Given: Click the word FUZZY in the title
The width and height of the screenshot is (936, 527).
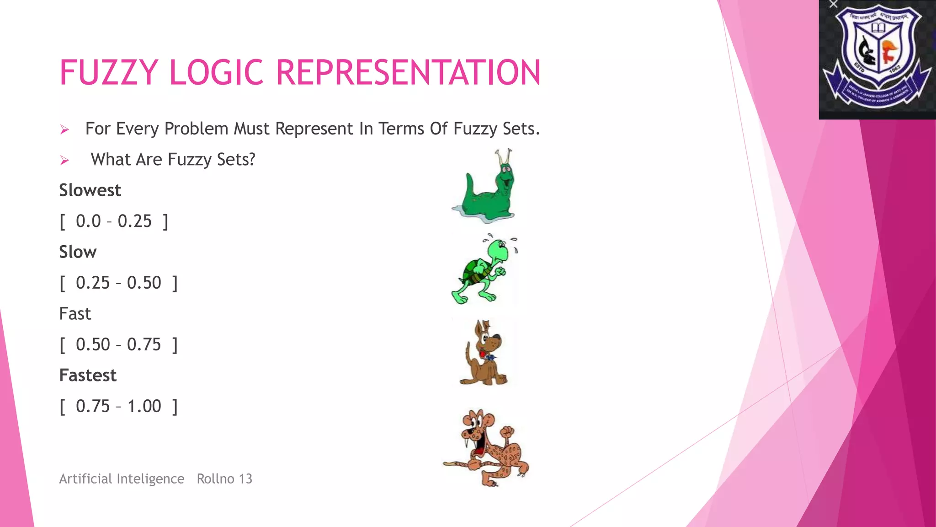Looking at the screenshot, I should point(109,73).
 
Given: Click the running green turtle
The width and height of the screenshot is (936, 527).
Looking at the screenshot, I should point(482,270).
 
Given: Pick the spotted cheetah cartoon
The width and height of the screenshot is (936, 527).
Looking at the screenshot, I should point(491,446).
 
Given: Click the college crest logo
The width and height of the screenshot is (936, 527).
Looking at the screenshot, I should point(877,57).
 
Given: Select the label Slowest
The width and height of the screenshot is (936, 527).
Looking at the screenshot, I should point(90,190).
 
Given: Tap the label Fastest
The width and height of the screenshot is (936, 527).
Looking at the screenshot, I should point(88,376).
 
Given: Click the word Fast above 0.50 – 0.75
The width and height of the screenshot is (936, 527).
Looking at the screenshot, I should point(75,314).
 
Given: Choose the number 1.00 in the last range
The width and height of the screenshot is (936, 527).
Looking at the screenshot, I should point(144,406).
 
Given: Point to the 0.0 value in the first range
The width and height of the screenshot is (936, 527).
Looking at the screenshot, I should point(88,221).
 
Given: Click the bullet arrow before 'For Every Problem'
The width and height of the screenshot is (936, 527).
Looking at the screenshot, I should point(64,130).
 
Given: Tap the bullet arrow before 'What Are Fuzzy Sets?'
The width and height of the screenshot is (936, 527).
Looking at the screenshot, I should point(64,161).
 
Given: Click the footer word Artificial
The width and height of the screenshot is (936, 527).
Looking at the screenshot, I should point(86,479).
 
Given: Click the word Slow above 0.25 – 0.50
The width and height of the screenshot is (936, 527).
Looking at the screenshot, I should point(78,252).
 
